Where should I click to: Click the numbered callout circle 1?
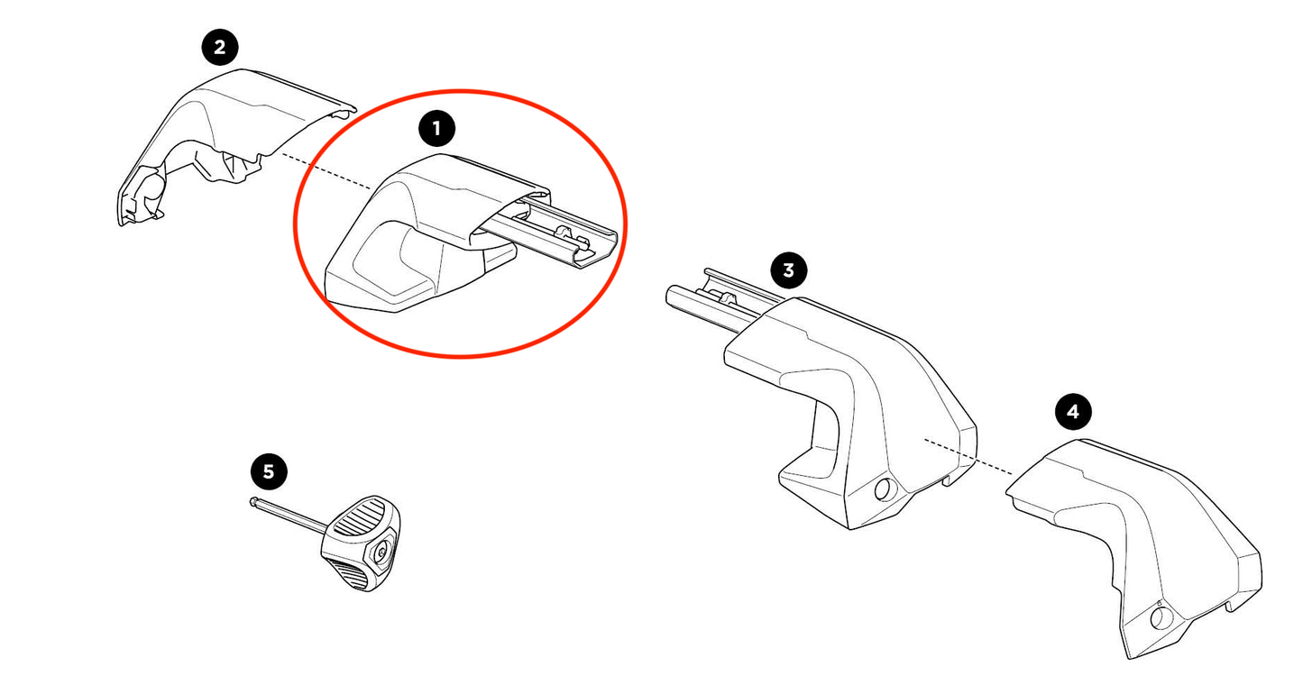[x=437, y=129]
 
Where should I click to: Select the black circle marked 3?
[x=789, y=269]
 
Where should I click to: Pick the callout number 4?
[x=1072, y=413]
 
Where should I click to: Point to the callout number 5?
[x=268, y=470]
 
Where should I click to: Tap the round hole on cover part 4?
[x=1162, y=616]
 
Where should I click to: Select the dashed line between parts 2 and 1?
[x=325, y=171]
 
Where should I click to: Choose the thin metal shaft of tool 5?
[x=289, y=517]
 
